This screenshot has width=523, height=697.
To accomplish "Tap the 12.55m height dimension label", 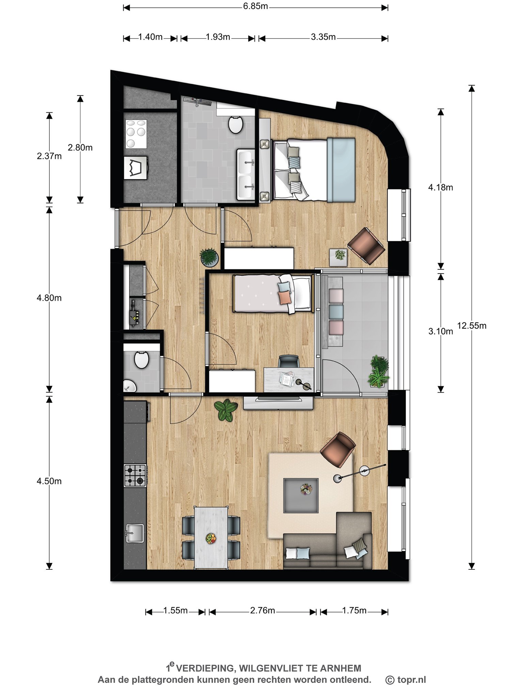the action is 472,326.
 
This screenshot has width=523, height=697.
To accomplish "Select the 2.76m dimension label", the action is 263,611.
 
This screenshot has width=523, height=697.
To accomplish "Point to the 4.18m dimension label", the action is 441,188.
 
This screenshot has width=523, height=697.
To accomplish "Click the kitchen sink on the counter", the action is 135,533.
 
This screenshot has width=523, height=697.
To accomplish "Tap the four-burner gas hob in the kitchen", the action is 135,475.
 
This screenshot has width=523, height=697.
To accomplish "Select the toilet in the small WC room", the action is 141,360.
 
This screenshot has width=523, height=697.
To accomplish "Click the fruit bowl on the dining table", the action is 211,538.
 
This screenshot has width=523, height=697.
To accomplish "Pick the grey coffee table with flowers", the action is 301,495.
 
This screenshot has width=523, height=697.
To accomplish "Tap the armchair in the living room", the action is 338,450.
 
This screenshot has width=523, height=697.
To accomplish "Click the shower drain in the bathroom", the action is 197,101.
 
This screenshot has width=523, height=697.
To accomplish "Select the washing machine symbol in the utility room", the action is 135,167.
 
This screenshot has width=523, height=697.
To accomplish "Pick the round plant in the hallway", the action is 209,257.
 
